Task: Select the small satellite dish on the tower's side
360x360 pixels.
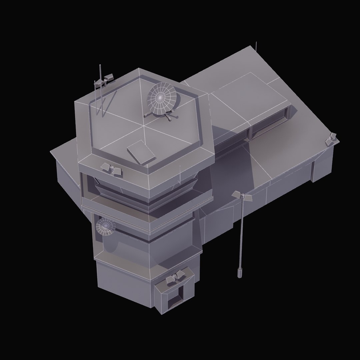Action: point(105,227)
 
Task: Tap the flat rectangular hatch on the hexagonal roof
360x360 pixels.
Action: point(141,152)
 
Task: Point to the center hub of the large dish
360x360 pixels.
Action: point(160,97)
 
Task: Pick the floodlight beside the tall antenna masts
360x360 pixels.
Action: point(109,78)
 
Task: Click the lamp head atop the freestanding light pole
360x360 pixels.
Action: point(242,196)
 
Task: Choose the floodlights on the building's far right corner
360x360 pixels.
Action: point(331,138)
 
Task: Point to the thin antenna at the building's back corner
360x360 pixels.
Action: point(256,46)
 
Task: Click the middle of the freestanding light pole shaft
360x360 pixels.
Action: point(241,233)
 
